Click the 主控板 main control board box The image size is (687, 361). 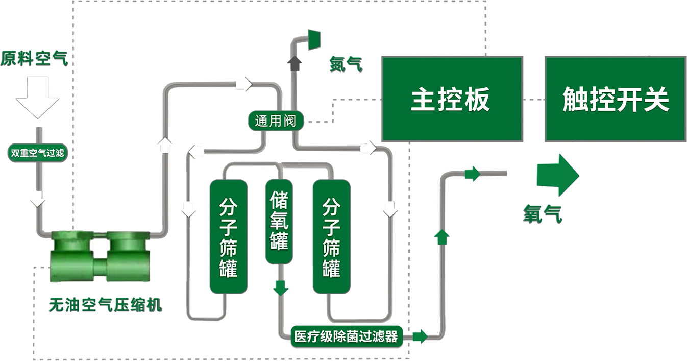[x=452, y=99]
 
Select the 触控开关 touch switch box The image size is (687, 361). [x=615, y=99]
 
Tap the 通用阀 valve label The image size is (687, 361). [x=275, y=121]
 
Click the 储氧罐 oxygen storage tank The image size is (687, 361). [x=279, y=221]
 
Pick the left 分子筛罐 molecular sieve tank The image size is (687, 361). [x=228, y=236]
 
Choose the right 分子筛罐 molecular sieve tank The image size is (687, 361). [x=331, y=236]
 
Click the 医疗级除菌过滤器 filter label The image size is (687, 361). [x=346, y=336]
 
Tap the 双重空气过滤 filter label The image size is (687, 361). [x=38, y=153]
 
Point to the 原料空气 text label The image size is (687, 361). [x=34, y=59]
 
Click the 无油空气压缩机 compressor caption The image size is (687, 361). [x=105, y=305]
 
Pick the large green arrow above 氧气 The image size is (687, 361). [x=557, y=175]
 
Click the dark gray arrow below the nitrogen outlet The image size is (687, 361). [x=295, y=64]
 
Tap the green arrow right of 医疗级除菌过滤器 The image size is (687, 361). [x=420, y=336]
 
